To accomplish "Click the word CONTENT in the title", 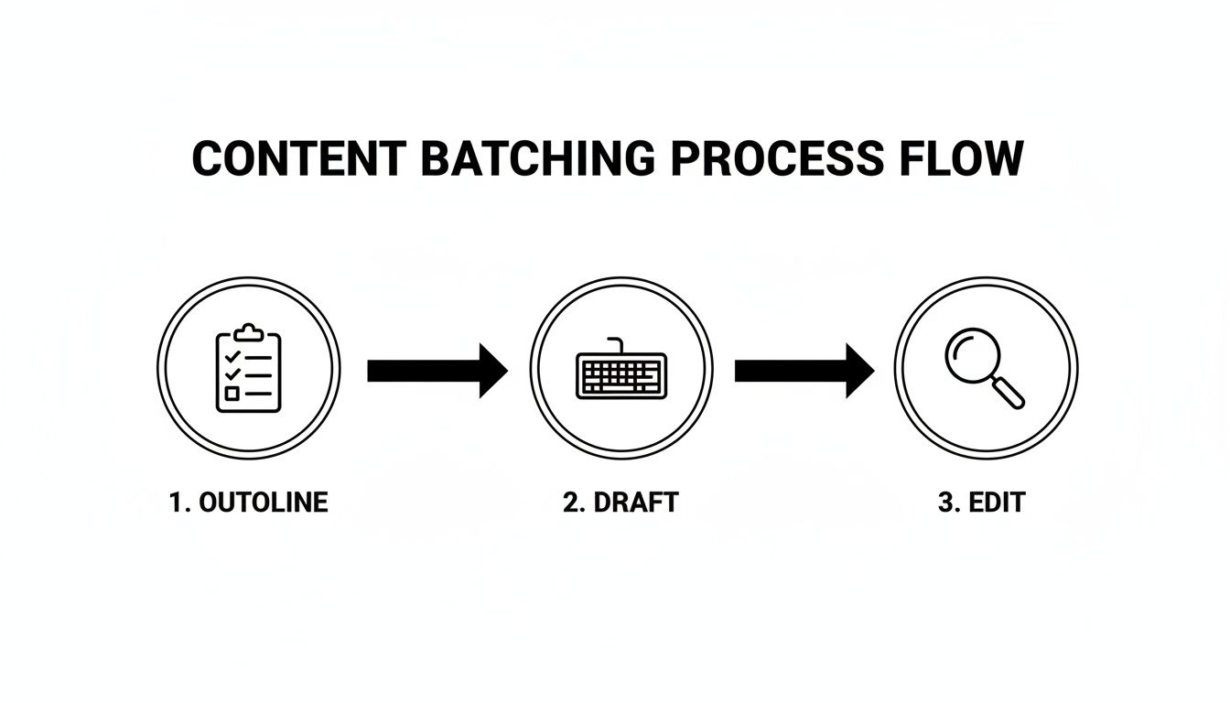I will click(297, 159).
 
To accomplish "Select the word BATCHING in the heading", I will click(538, 159).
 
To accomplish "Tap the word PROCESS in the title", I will click(777, 159).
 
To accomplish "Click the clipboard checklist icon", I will click(249, 369).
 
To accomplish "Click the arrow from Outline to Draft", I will click(437, 370).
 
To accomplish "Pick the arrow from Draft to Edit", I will click(804, 370).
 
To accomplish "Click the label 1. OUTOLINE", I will click(249, 503).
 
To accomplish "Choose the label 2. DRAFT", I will click(620, 503).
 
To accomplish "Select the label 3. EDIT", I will click(981, 503).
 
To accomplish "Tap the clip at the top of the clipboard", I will click(249, 333).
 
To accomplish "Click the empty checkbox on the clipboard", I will click(232, 394).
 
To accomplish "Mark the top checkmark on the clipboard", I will click(232, 355).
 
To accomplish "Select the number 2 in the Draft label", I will click(570, 503).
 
